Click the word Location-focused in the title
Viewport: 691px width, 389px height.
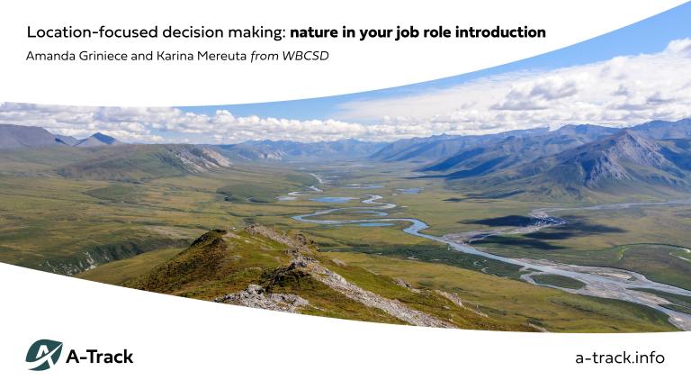(79, 32)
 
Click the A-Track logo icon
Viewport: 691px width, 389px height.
(43, 356)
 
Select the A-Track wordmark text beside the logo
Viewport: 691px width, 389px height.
(100, 357)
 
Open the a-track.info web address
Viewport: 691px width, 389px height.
(619, 357)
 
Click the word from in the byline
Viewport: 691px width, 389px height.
(265, 56)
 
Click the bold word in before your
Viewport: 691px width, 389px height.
(353, 32)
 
